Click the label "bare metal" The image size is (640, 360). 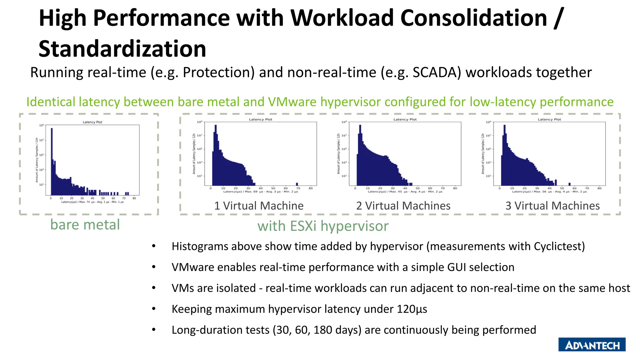(85, 225)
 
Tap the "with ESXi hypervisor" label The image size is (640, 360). (323, 226)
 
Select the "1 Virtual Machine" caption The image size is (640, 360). (259, 206)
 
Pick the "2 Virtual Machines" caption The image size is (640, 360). (403, 206)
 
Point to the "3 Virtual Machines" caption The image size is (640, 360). (552, 206)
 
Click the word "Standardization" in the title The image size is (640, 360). (122, 49)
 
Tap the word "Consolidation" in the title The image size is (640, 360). (473, 18)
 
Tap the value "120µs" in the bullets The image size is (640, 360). (412, 309)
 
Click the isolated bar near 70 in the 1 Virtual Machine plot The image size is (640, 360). (297, 184)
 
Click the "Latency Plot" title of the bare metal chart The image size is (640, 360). (92, 122)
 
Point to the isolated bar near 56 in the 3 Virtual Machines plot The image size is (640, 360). (569, 184)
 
